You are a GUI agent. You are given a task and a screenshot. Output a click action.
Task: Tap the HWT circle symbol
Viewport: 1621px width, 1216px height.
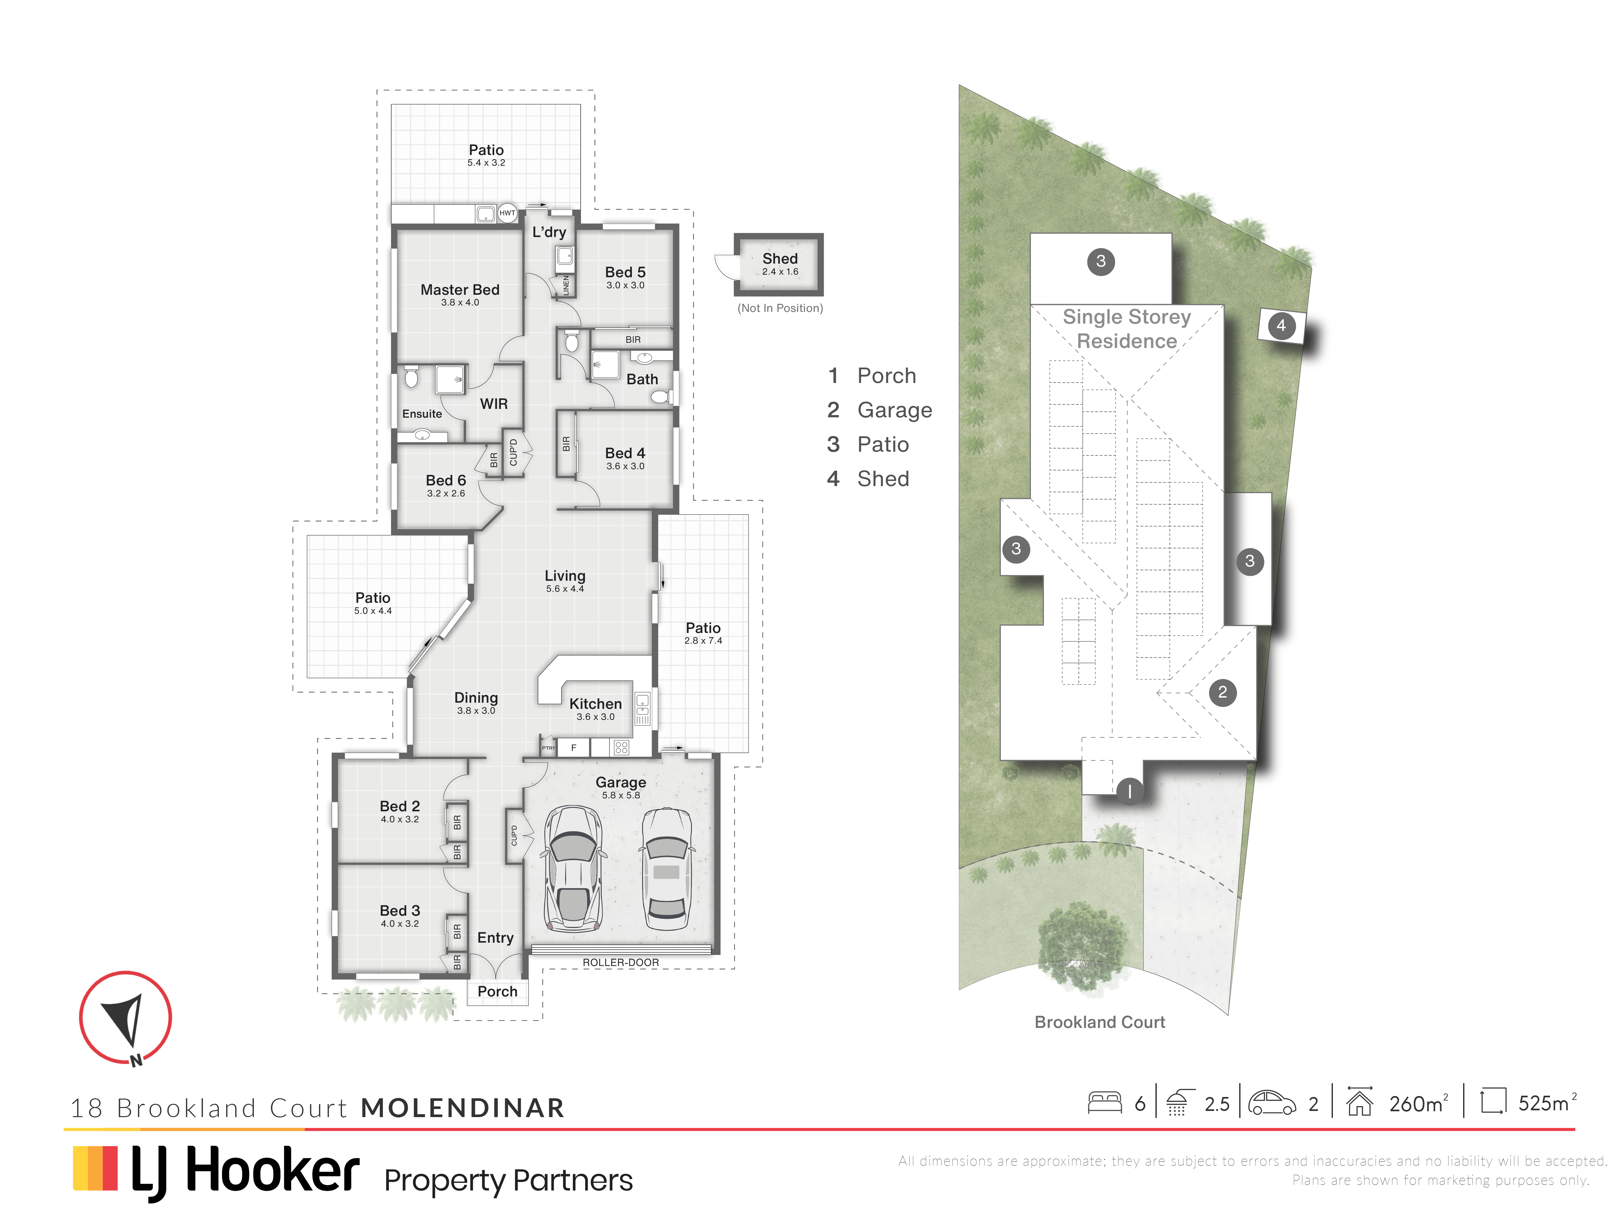click(507, 213)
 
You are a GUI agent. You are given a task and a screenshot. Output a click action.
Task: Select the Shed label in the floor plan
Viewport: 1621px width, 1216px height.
click(780, 259)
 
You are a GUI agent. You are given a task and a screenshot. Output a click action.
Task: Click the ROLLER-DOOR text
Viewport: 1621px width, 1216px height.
click(621, 962)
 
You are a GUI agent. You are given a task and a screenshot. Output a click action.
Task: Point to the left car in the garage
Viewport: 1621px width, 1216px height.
click(573, 869)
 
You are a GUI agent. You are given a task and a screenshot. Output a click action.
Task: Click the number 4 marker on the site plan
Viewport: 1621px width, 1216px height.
click(1281, 326)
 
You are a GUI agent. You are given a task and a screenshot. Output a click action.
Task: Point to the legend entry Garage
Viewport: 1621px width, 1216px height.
click(895, 411)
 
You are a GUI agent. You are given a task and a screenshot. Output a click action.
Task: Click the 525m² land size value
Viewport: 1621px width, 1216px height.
click(1547, 1103)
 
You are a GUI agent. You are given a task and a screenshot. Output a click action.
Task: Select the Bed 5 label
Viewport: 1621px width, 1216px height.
click(625, 272)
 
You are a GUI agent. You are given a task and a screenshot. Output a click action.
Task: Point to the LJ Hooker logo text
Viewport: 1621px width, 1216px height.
click(245, 1171)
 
